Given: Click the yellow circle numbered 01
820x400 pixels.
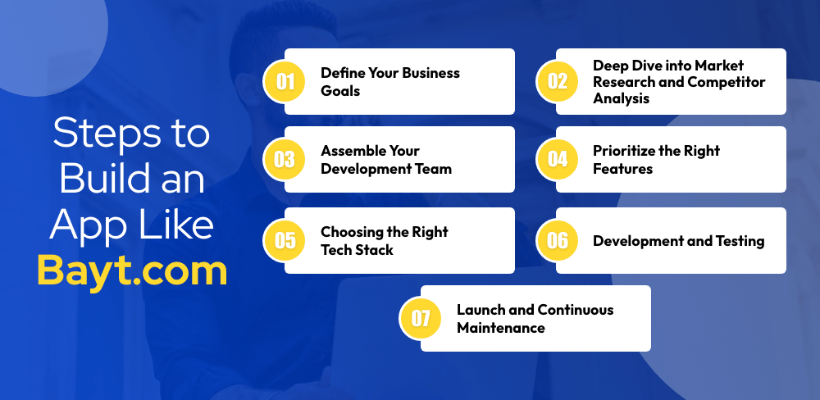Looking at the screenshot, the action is coord(285,82).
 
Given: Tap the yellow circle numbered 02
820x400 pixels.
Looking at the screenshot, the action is coord(558,82).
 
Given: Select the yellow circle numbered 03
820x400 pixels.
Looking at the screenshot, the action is coord(285,160).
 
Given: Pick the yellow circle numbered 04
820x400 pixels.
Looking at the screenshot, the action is coord(558,160).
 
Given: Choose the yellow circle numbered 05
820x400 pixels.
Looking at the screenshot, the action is coord(285,240).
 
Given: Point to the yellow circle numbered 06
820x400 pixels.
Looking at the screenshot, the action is coord(558,240).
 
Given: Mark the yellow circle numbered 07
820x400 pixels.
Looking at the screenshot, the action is coord(421,318).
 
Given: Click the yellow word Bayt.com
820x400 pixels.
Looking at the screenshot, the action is coord(132,271).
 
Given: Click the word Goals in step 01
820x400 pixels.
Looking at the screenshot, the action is coord(340,91).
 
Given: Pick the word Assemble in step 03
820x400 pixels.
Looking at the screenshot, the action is coord(349,151).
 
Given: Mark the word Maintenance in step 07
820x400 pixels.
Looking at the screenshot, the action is coord(501,328).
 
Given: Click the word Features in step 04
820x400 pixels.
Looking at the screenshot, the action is coord(623,169).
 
